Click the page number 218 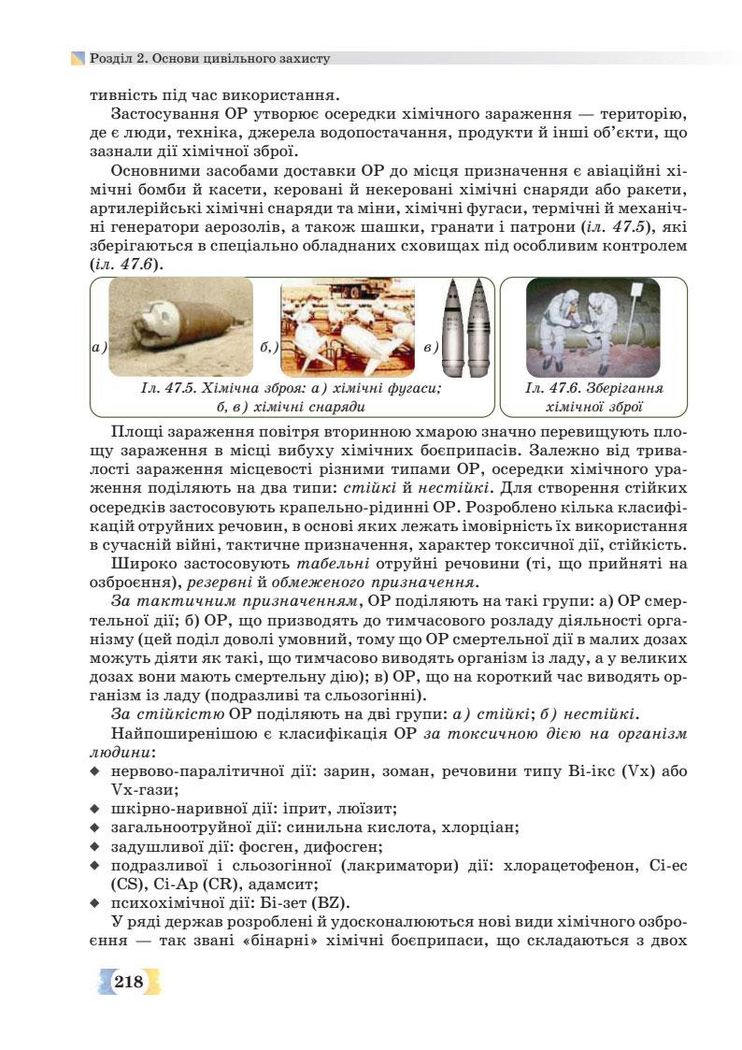pos(128,981)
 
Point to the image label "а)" pos(100,348)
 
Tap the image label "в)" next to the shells pos(431,348)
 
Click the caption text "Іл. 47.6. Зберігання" pos(593,388)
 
